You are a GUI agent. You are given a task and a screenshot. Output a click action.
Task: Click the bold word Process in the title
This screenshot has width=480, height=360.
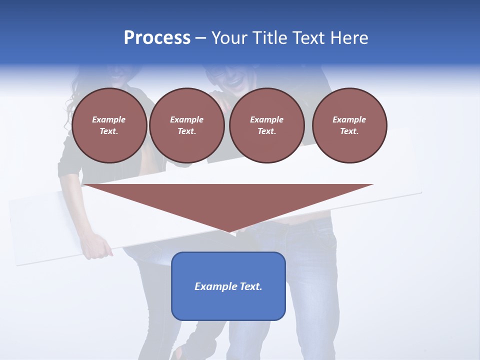pos(157,38)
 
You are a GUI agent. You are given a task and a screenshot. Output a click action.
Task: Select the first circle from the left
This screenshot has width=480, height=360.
pos(109,125)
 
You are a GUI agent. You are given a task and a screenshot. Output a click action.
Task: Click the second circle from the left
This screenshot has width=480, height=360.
pos(187,125)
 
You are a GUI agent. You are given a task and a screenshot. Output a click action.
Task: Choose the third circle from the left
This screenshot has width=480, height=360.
pos(266,125)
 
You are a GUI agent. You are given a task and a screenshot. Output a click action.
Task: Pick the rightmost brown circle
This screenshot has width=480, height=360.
pos(349,125)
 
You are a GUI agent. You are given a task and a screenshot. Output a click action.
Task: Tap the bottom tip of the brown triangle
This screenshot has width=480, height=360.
pos(228,231)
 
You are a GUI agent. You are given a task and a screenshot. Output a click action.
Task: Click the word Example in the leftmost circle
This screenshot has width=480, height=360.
pos(109,119)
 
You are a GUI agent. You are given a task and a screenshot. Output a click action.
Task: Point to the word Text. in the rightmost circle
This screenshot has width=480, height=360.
pos(349,131)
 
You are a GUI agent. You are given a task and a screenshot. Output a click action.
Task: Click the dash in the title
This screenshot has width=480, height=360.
pos(201,38)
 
